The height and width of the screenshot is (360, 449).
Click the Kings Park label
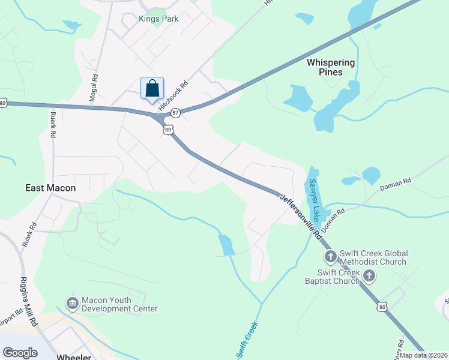(158, 19)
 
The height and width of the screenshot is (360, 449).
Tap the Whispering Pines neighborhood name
(331, 67)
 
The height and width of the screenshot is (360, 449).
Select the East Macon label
(50, 188)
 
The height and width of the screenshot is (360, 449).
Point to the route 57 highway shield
(175, 112)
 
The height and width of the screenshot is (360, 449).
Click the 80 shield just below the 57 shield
(168, 129)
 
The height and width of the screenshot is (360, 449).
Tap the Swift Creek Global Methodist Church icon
(330, 257)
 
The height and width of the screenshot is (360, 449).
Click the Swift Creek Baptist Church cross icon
(369, 276)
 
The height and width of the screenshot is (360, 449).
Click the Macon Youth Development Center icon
(73, 304)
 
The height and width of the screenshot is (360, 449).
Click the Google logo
(20, 352)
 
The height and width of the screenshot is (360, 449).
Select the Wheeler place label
(73, 357)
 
